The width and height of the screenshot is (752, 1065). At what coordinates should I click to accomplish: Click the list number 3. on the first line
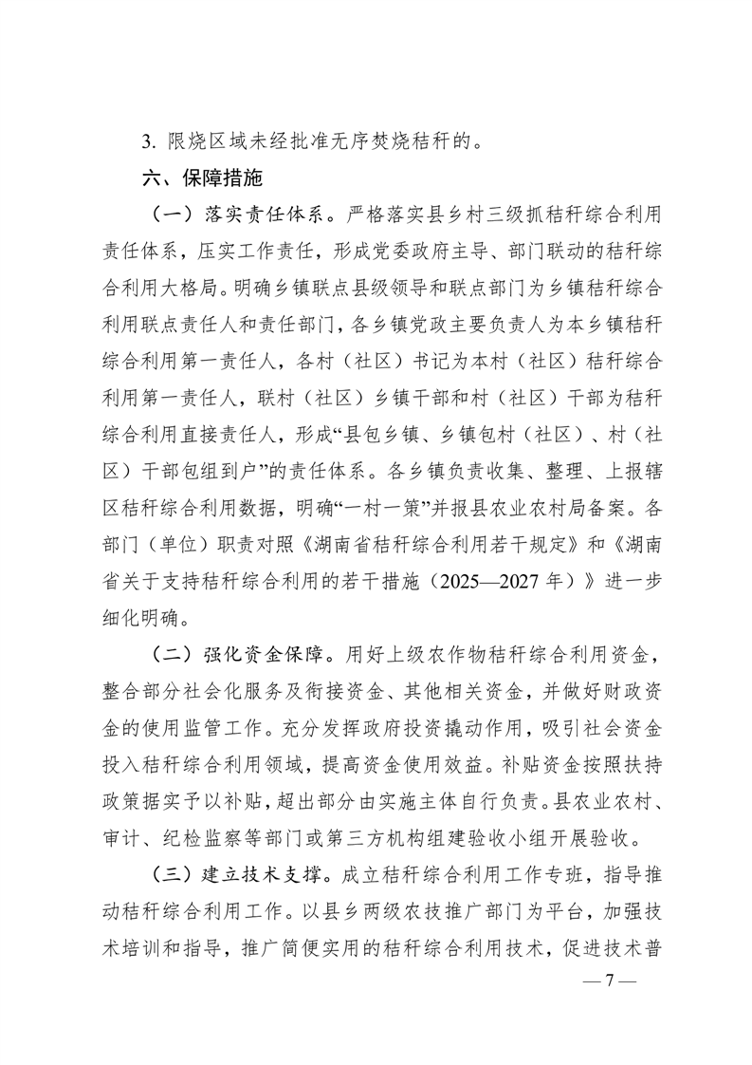[148, 144]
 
